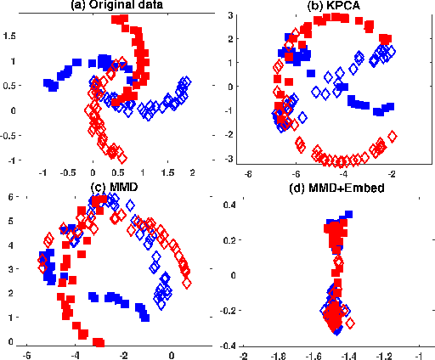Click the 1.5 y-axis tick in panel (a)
9,37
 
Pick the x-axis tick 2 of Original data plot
192,172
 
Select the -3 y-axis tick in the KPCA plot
229,159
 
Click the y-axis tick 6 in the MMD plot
11,195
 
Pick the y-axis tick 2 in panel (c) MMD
11,293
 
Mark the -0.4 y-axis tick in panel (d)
227,346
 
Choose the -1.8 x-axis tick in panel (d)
280,354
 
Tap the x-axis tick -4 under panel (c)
75,354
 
